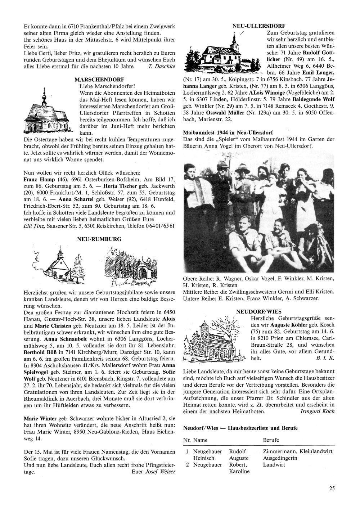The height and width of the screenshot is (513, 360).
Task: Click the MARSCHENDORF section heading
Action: click(x=99, y=79)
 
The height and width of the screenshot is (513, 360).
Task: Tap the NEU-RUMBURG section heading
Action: click(x=99, y=239)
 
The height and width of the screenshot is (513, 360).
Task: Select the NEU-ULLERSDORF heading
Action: click(x=259, y=26)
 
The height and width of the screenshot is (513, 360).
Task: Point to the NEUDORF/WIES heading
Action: click(x=259, y=311)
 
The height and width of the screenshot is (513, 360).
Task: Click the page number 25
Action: click(x=332, y=489)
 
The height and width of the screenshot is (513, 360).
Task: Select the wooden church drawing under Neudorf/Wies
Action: click(x=214, y=340)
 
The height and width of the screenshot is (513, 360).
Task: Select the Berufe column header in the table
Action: click(x=271, y=440)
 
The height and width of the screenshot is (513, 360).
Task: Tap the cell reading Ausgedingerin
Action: click(x=280, y=458)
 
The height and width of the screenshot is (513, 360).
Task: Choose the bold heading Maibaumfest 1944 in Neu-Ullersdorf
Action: click(x=228, y=132)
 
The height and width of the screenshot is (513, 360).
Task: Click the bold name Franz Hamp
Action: click(x=39, y=179)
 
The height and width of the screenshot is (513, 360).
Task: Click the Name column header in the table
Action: click(x=200, y=440)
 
